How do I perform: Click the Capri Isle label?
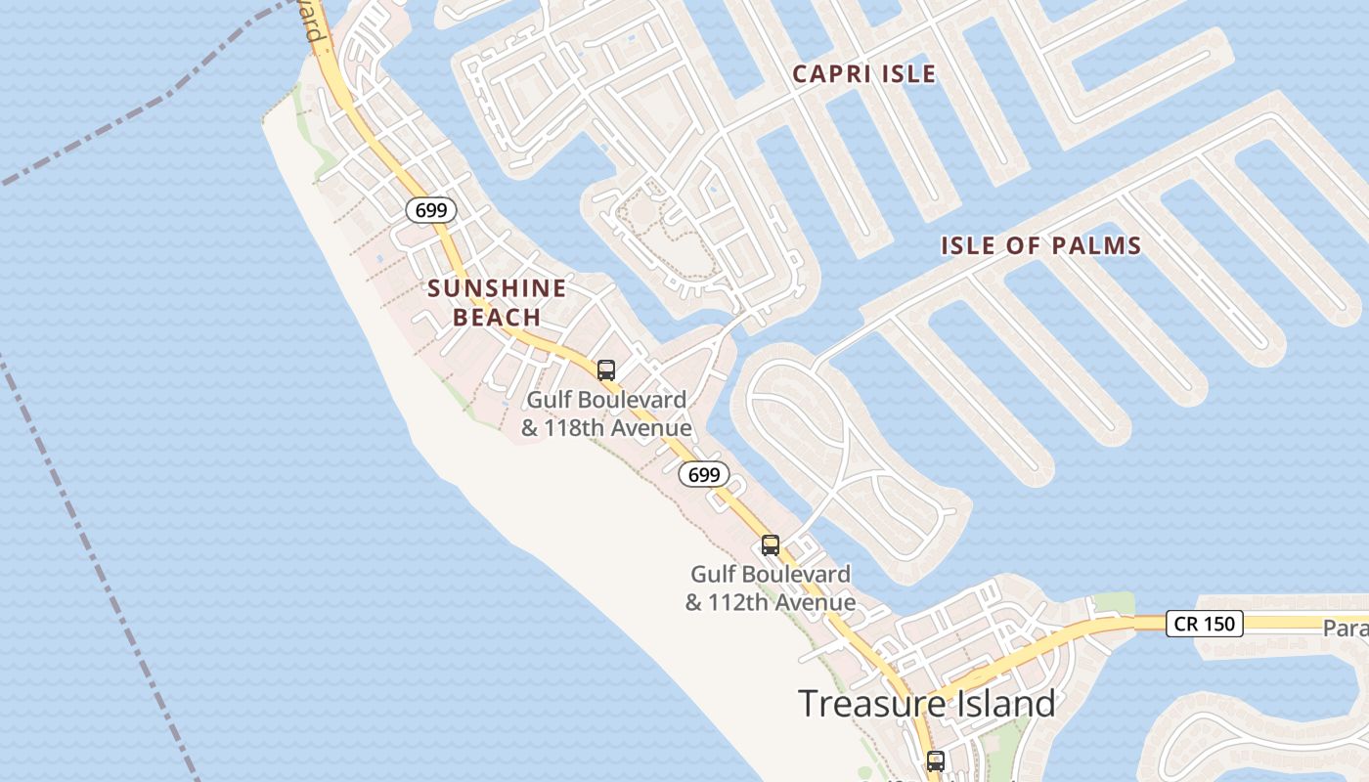(863, 74)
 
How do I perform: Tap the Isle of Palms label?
(1041, 245)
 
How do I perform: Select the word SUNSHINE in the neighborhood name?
(497, 288)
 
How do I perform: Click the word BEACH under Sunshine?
(497, 317)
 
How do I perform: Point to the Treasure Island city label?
(926, 704)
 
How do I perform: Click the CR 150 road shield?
(1204, 624)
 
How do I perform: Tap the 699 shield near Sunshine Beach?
(431, 210)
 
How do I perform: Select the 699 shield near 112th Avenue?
(704, 475)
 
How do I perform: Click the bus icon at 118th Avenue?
(606, 370)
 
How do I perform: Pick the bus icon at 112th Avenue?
(771, 545)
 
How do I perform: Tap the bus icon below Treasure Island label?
(936, 760)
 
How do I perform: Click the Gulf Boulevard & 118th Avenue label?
(606, 414)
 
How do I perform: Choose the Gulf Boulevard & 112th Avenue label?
(771, 588)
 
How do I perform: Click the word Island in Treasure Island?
(995, 704)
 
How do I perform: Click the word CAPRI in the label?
(826, 74)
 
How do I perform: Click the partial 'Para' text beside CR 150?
(1346, 628)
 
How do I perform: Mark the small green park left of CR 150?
(1113, 603)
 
